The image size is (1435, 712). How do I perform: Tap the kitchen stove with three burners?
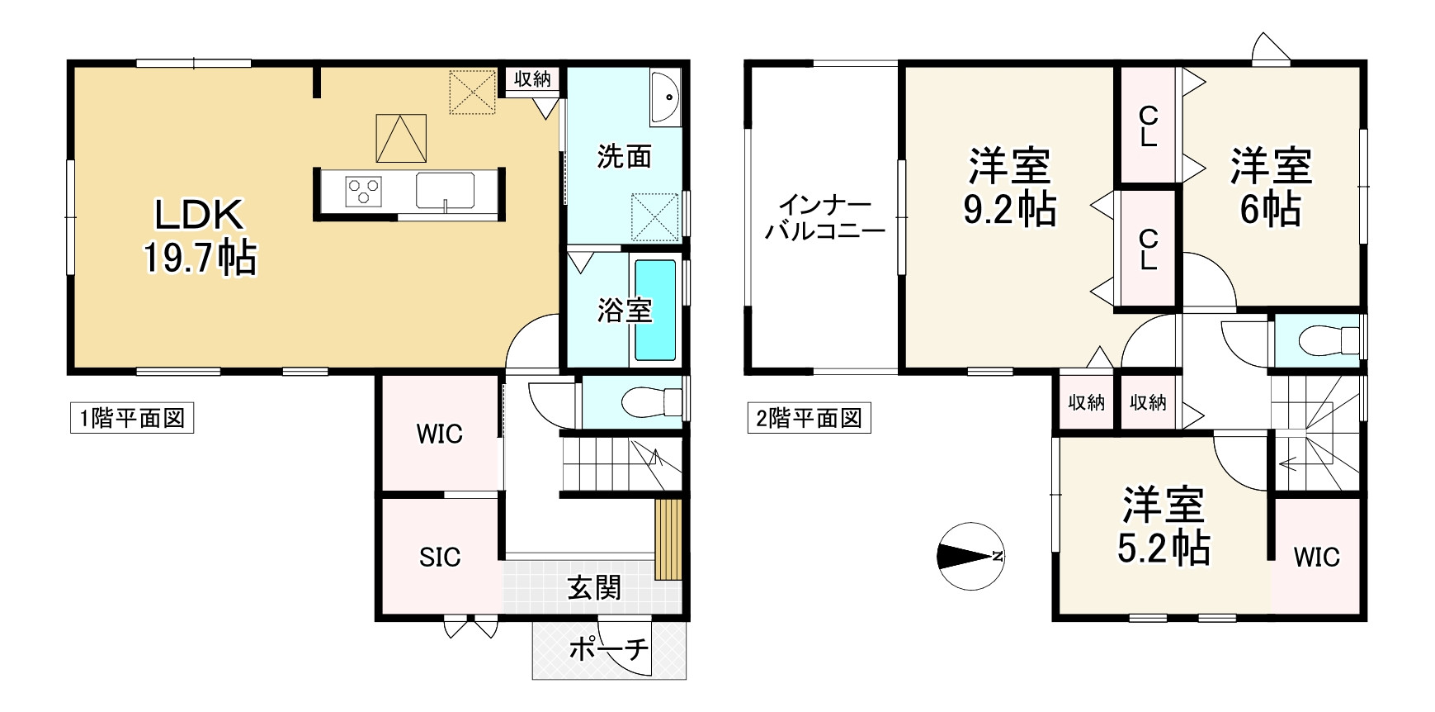363,191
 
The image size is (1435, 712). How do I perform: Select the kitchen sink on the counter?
445,191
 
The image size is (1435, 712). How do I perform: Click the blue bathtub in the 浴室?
655,311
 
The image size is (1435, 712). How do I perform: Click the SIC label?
439,558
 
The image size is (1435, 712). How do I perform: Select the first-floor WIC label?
439,434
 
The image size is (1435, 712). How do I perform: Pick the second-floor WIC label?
1316,557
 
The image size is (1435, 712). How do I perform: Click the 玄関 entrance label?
594,588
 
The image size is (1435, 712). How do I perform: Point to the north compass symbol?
970,556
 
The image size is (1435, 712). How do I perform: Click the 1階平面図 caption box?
131,418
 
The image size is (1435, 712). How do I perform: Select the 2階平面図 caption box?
809,418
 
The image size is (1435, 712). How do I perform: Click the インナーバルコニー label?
824,217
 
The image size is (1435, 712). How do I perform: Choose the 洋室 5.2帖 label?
1164,526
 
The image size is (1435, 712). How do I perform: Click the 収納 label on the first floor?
532,79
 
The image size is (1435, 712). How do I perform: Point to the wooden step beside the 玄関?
667,539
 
